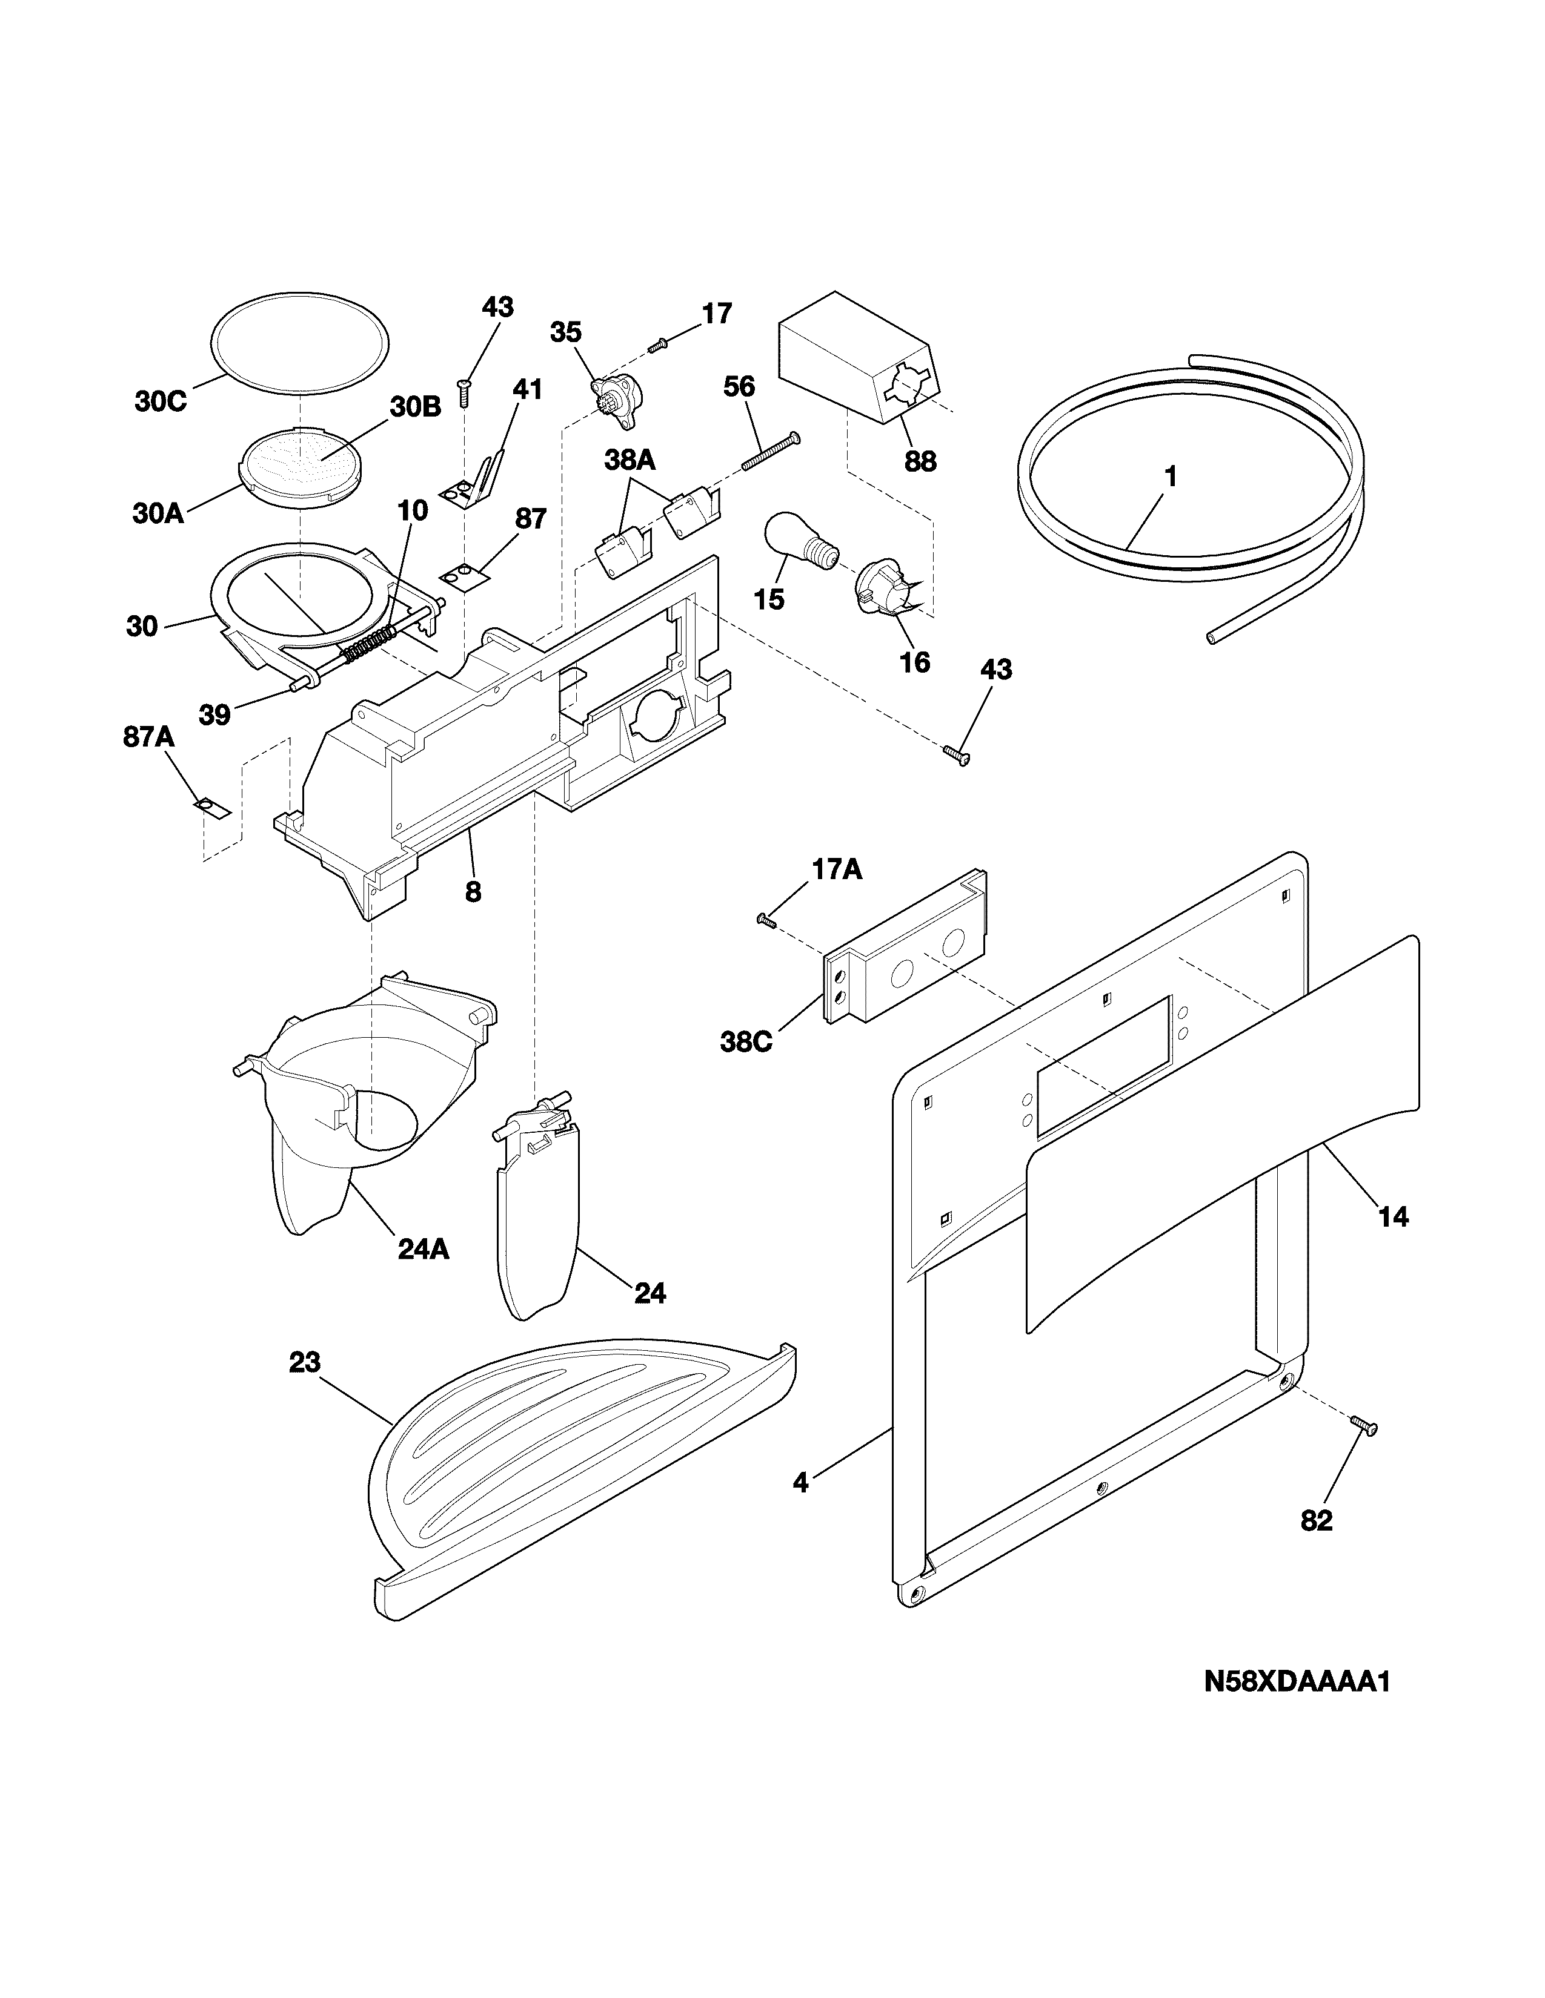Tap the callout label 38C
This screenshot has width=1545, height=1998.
point(746,1042)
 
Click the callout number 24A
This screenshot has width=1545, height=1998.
point(423,1248)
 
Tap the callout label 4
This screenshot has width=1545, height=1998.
point(801,1483)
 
